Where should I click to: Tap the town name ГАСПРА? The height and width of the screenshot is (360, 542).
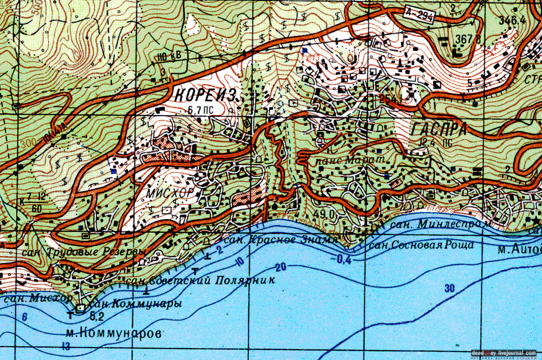[x=438, y=129]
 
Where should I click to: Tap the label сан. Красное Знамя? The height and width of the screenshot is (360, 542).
[x=280, y=240]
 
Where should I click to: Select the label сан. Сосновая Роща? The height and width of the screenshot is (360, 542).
[x=421, y=245]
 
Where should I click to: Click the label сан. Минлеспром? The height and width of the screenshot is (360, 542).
[x=441, y=225]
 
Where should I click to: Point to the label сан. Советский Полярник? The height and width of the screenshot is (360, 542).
[x=200, y=280]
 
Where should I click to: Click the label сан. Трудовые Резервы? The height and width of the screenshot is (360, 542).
[x=84, y=252]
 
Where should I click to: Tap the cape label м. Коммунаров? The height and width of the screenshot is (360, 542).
[x=113, y=333]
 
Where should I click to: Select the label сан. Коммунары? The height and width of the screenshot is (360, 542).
[x=136, y=303]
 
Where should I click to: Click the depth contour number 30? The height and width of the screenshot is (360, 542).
[x=449, y=289]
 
